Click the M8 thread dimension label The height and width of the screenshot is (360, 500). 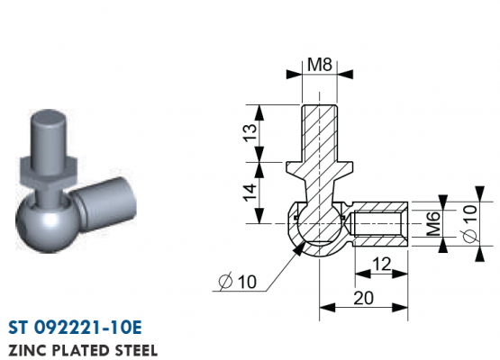click(320, 65)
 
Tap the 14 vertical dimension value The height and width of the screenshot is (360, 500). click(250, 192)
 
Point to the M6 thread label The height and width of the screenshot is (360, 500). click(433, 223)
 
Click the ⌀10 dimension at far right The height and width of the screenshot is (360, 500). click(470, 223)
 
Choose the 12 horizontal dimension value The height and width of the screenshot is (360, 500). click(381, 264)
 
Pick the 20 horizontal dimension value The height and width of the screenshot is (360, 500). click(364, 298)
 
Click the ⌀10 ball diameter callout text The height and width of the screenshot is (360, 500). click(237, 282)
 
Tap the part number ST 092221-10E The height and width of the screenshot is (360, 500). click(75, 328)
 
